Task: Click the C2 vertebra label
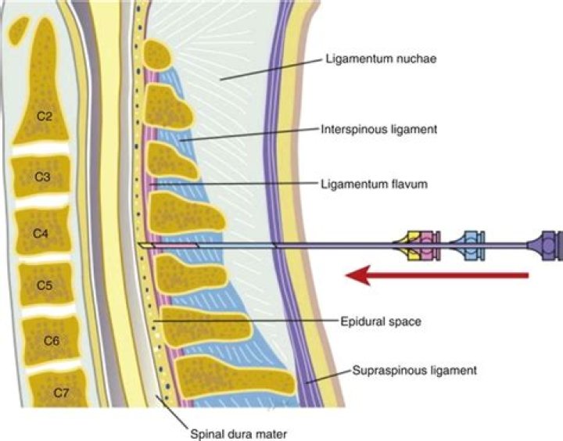[44, 117]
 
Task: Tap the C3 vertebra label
[44, 177]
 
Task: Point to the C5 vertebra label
[44, 285]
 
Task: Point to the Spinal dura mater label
[231, 428]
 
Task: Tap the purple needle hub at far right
[547, 246]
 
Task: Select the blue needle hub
[471, 246]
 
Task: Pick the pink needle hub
[428, 246]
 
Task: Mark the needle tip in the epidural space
[141, 246]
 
